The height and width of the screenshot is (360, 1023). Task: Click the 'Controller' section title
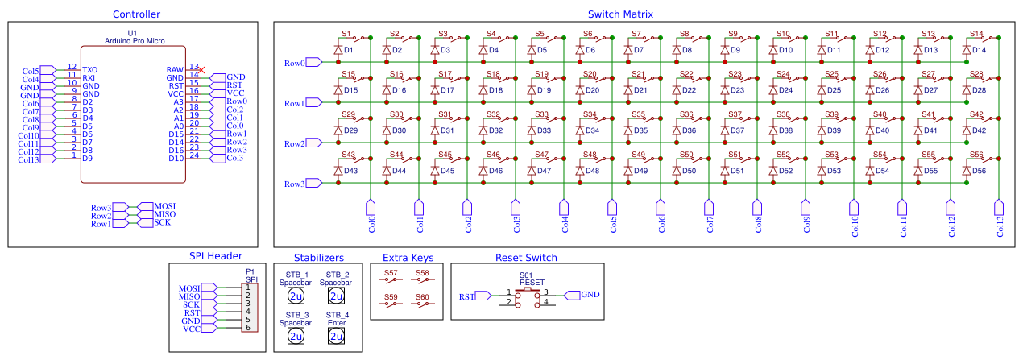136,14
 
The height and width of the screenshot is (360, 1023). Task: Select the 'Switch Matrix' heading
620,14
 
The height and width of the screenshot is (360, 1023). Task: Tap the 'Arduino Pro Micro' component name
134,39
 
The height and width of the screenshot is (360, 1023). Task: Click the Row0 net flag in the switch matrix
295,63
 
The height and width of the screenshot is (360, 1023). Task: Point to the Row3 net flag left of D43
295,184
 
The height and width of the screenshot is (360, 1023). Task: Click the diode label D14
979,50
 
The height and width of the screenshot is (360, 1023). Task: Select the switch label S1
346,34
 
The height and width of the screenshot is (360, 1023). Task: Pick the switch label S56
976,155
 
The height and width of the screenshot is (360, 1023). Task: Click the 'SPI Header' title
215,258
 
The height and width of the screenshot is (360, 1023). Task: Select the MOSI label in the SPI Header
189,288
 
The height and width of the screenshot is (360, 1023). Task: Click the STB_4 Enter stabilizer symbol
335,336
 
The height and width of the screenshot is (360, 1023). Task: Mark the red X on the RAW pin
201,70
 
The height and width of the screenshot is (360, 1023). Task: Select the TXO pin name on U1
90,70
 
